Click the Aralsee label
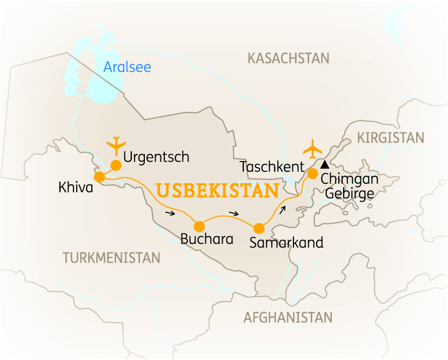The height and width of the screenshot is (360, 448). (127, 67)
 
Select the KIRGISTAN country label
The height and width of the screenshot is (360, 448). (391, 138)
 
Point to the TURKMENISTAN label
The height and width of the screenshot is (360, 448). (111, 258)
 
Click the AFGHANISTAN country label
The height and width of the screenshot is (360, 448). (287, 317)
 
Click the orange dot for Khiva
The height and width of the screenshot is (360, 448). (99, 177)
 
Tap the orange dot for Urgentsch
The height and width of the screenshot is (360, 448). (116, 165)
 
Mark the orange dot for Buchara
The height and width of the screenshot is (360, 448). (199, 226)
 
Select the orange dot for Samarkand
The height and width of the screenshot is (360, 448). (259, 228)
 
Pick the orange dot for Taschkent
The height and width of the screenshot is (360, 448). (312, 174)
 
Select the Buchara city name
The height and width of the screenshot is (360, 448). (207, 239)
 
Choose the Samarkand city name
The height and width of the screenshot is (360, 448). (286, 243)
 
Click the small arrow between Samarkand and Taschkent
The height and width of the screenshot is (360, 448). (283, 209)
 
